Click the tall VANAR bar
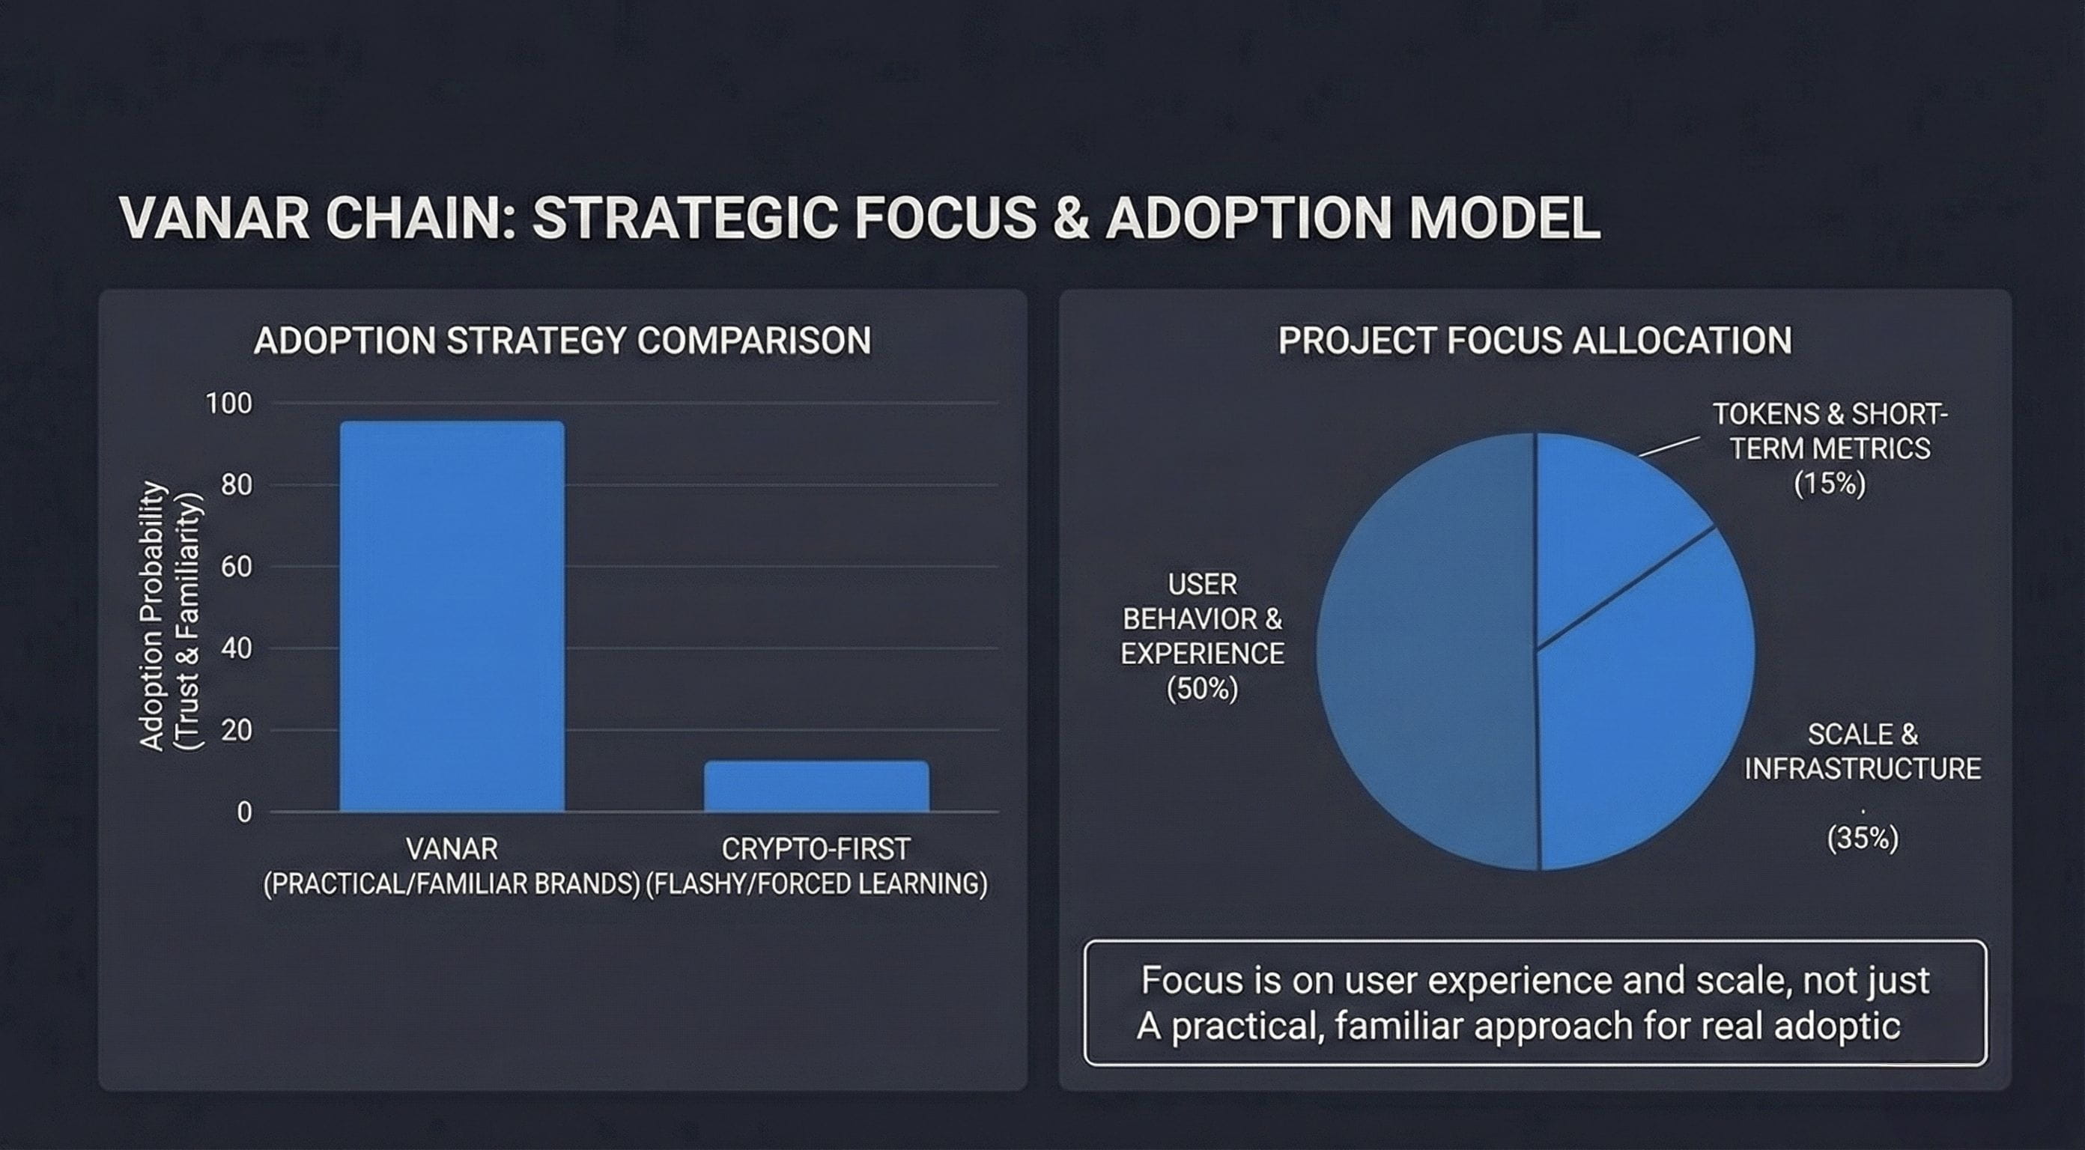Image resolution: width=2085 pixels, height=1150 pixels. coord(452,616)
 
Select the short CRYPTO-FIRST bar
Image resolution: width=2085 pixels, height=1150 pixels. coord(816,786)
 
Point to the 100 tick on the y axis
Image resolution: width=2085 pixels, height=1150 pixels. coord(229,403)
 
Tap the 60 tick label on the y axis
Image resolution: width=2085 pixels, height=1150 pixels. coord(237,567)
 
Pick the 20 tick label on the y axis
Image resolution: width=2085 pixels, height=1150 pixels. coord(237,730)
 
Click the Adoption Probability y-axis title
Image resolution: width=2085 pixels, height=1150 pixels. coord(170,617)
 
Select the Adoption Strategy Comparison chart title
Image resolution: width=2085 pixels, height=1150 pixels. coord(562,341)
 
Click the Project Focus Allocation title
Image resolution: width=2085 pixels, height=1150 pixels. coord(1535,341)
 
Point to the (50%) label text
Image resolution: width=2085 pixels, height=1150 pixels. coord(1202,689)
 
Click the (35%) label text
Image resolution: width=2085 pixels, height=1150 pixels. coord(1863,838)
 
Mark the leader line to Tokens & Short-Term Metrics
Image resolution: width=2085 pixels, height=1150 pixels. coord(1669,446)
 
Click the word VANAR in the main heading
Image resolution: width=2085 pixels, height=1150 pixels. coord(214,218)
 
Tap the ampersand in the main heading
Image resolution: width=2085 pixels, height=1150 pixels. coord(1071,218)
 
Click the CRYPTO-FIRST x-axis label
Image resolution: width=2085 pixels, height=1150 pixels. coord(816,849)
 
